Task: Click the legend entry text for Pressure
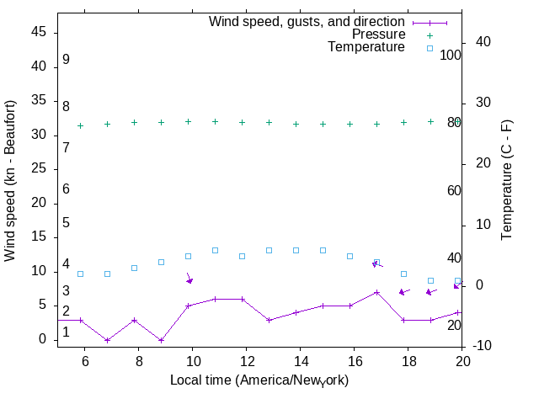pyautogui.click(x=378, y=35)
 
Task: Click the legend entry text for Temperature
pyautogui.click(x=366, y=47)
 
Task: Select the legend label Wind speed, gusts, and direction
pyautogui.click(x=307, y=22)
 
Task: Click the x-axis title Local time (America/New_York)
pyautogui.click(x=259, y=380)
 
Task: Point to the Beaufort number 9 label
pyautogui.click(x=66, y=61)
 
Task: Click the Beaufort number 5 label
pyautogui.click(x=66, y=223)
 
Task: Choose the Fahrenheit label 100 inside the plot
pyautogui.click(x=451, y=55)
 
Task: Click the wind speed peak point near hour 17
pyautogui.click(x=376, y=292)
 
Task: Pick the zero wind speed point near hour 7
pyautogui.click(x=107, y=340)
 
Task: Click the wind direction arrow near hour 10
pyautogui.click(x=189, y=279)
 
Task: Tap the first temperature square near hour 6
pyautogui.click(x=80, y=274)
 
